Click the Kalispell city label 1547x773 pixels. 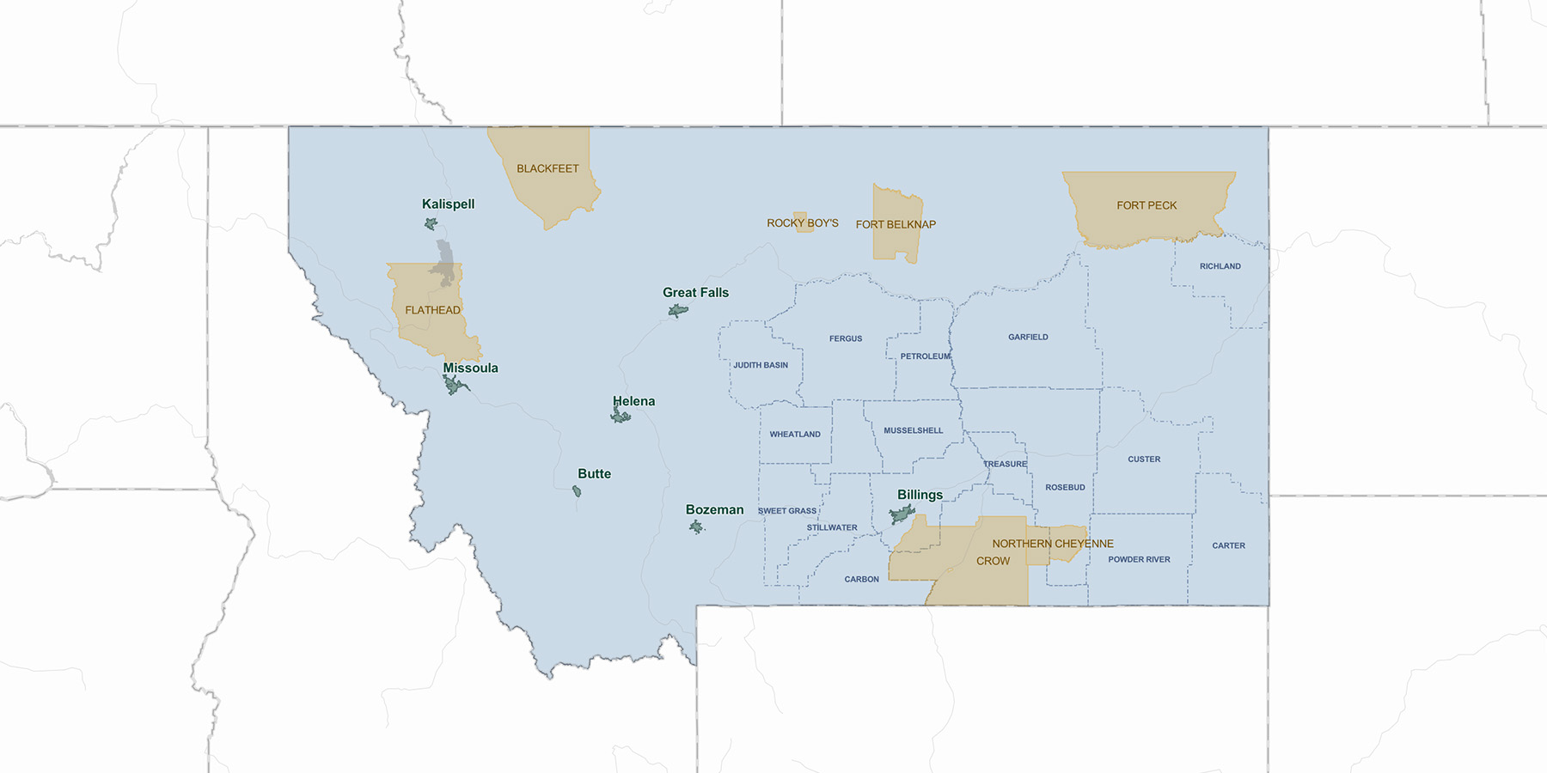point(448,204)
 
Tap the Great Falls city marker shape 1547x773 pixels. point(678,310)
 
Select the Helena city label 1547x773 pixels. point(633,401)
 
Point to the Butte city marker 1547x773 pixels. point(577,491)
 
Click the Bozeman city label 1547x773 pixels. point(714,510)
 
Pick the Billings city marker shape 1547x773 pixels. point(902,514)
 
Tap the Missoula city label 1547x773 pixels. point(470,368)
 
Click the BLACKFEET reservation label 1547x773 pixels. point(547,169)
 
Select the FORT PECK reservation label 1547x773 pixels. point(1146,206)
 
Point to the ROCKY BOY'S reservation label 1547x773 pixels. point(803,223)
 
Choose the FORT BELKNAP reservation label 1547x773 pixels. point(896,225)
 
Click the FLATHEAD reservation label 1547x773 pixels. point(432,310)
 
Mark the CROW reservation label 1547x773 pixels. point(993,561)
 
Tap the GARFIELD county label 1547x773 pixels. point(1028,338)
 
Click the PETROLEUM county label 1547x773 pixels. point(926,356)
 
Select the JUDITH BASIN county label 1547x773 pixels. point(760,365)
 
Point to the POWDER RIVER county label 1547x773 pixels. point(1139,560)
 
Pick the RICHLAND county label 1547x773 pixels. point(1220,266)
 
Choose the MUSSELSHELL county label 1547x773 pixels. point(913,431)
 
